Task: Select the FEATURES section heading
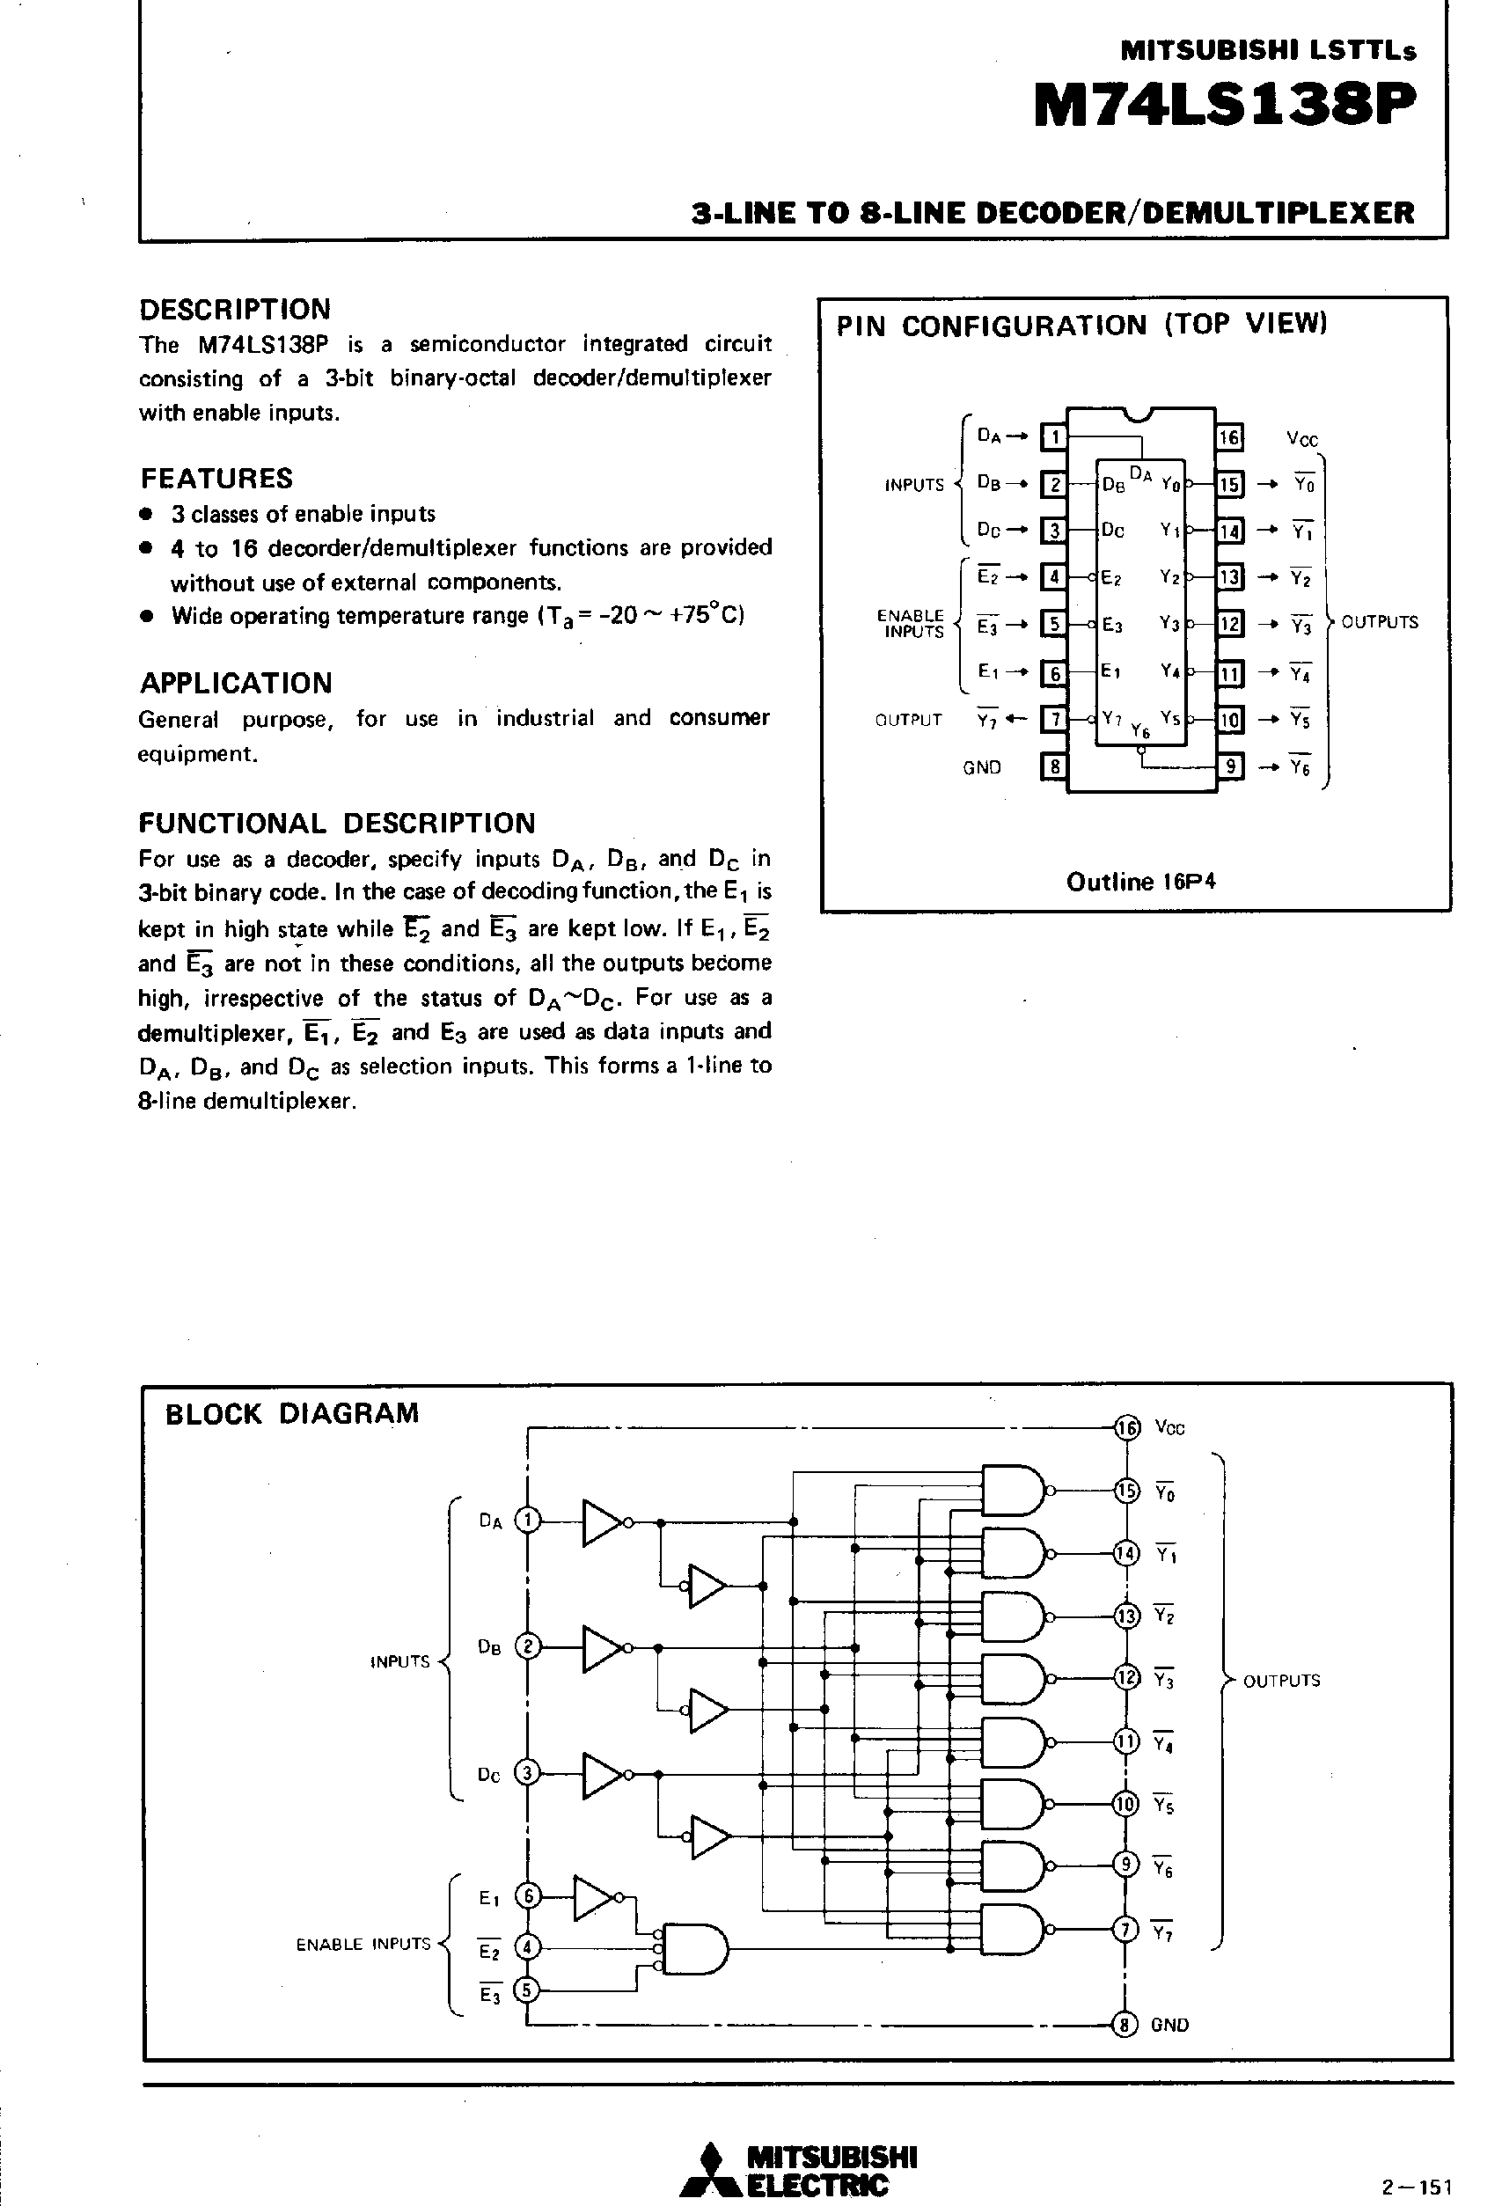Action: [x=216, y=478]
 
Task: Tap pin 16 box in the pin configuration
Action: [x=1229, y=436]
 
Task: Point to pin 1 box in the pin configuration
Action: [x=1054, y=436]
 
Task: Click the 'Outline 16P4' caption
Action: [x=1140, y=882]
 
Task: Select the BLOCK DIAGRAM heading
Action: [x=291, y=1413]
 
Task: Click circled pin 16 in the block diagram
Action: [x=1127, y=1427]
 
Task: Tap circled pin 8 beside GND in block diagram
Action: [x=1125, y=2025]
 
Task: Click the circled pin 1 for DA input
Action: [x=527, y=1521]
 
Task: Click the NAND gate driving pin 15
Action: [x=1013, y=1491]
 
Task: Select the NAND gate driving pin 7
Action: [x=1013, y=1931]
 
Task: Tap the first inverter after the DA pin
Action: [x=602, y=1521]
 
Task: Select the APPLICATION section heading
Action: [x=236, y=683]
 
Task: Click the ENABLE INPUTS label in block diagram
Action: [x=363, y=1945]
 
